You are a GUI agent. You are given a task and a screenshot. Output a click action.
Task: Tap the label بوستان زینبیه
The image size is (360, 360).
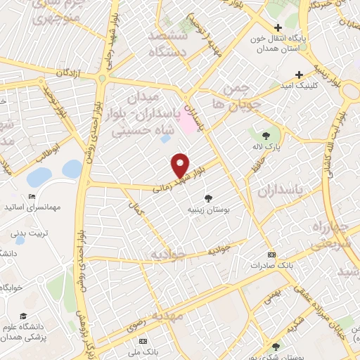coord(209,209)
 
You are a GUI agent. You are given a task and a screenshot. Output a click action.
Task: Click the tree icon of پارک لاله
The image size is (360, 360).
coord(266,137)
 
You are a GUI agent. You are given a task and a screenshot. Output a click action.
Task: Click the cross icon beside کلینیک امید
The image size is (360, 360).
coord(300,75)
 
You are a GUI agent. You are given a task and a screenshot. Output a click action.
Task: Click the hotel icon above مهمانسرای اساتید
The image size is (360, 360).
coord(31,196)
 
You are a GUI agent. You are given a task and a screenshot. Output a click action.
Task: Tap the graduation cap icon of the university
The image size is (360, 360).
coord(23,316)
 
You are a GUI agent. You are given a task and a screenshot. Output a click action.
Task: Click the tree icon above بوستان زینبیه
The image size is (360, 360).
coord(207,198)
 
